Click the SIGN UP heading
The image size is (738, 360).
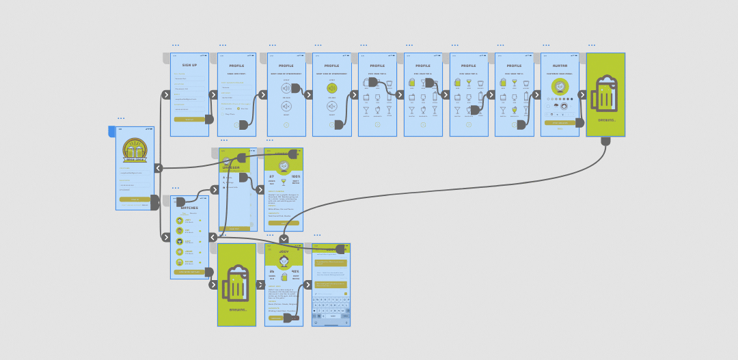[189, 65]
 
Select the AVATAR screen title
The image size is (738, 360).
[560, 66]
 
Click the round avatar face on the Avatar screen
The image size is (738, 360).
[560, 87]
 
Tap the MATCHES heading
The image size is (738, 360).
[189, 208]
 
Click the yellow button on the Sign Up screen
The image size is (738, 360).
[189, 120]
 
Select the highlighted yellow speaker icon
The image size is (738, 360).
[332, 88]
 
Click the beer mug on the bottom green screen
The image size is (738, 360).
[236, 283]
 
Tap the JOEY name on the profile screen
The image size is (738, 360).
[284, 251]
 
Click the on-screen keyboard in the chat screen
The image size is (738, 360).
[331, 308]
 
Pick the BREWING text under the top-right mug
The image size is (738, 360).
[606, 120]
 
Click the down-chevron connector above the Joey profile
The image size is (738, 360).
[284, 239]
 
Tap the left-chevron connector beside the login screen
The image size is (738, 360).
[159, 168]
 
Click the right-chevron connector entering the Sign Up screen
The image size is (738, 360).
[166, 95]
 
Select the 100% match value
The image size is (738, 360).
[296, 176]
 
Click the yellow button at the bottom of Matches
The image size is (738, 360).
[189, 272]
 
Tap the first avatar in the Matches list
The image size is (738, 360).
[180, 221]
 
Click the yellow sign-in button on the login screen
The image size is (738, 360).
[134, 199]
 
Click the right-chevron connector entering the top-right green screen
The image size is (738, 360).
[582, 95]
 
